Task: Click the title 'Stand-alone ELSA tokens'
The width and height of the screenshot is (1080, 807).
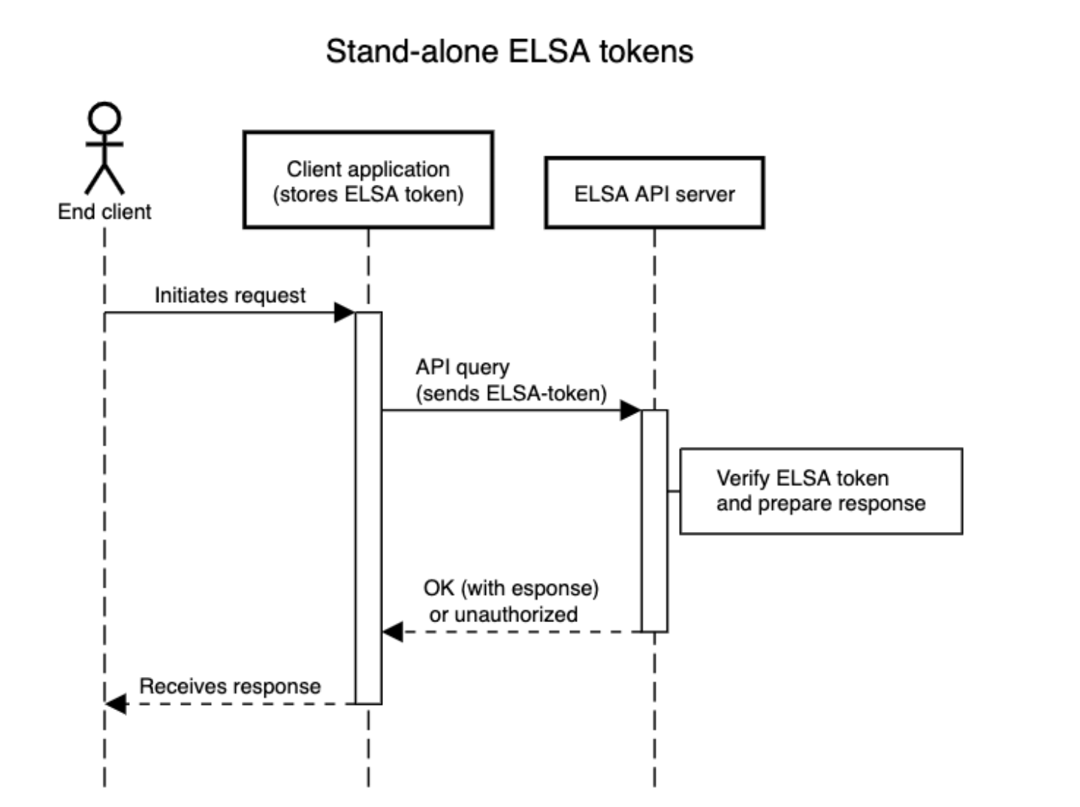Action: (509, 52)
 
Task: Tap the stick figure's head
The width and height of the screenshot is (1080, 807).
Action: (104, 118)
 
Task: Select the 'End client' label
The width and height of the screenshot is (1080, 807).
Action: (104, 212)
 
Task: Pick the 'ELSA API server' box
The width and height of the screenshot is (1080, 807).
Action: (654, 193)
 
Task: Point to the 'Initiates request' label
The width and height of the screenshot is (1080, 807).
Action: (230, 295)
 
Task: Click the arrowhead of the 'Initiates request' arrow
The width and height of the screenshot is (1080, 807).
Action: (345, 312)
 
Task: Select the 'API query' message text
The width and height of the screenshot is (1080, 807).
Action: (463, 367)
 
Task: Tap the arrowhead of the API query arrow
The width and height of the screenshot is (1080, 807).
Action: (631, 410)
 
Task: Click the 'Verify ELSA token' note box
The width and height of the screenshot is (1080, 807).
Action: (821, 491)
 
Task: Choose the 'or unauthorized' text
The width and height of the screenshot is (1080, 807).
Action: (503, 615)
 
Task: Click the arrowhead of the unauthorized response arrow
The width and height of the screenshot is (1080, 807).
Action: (393, 632)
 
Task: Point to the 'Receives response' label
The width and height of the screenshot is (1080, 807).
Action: (230, 686)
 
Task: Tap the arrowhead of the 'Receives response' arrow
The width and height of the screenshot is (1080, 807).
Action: (116, 704)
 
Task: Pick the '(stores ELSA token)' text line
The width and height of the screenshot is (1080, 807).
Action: (368, 195)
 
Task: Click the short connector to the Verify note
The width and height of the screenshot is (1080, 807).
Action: (674, 491)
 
